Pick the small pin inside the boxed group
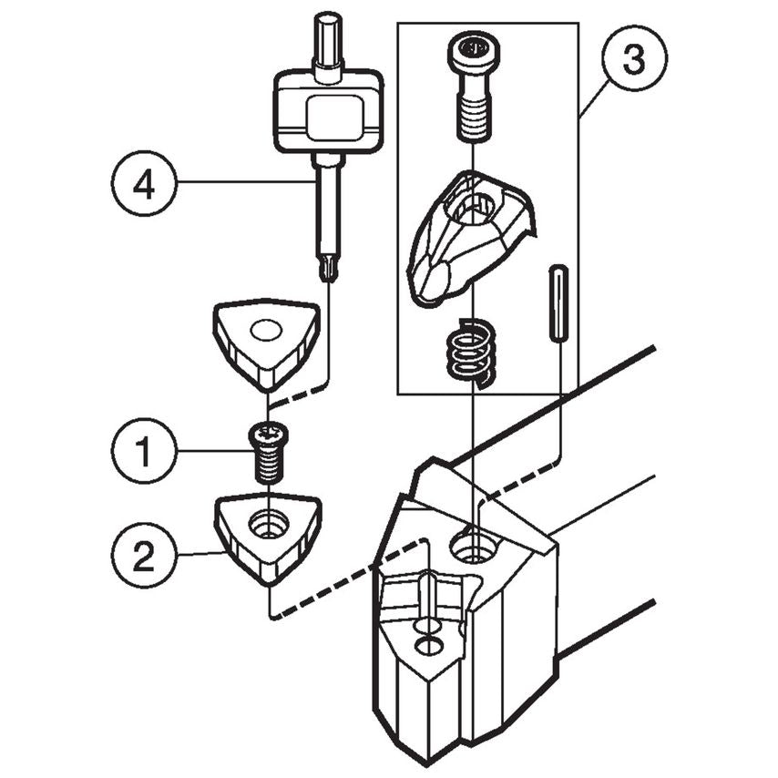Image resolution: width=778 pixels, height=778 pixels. click(x=558, y=303)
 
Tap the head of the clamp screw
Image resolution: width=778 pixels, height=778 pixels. click(x=472, y=47)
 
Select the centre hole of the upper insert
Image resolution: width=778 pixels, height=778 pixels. click(x=267, y=329)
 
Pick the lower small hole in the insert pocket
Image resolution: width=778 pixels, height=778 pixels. click(x=425, y=646)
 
